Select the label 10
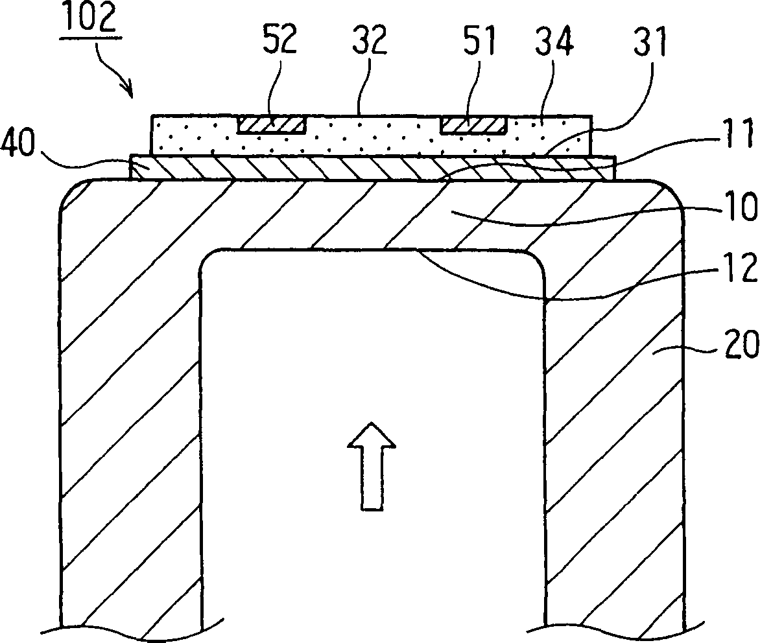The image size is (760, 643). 738,209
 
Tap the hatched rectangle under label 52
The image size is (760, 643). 272,124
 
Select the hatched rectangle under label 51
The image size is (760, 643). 474,124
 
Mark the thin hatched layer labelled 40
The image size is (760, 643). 370,168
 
